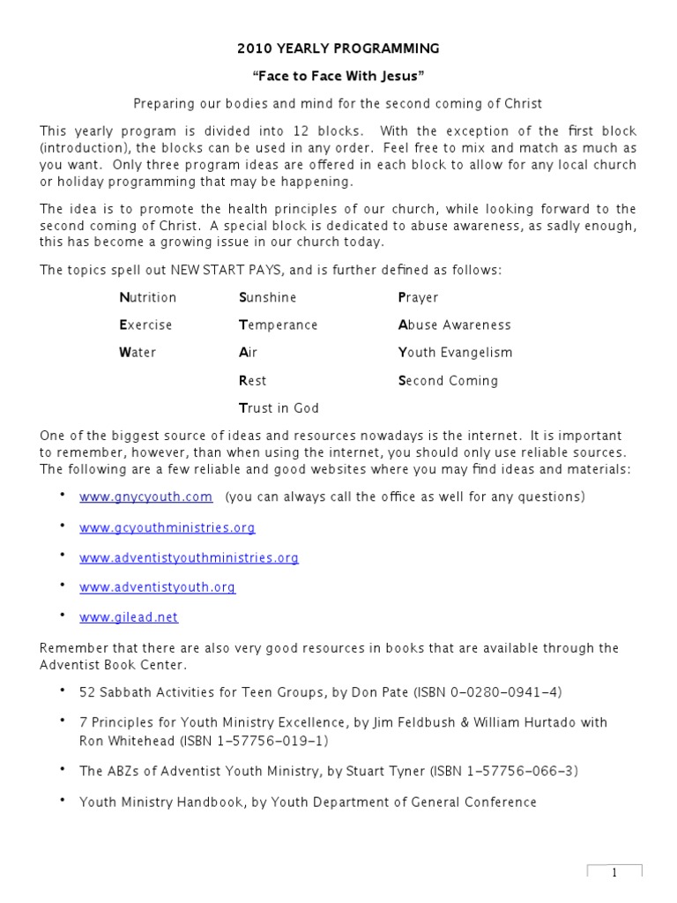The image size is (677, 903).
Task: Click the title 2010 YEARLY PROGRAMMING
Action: tap(338, 49)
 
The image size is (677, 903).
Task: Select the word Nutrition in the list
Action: tap(148, 297)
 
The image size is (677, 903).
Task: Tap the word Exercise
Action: tap(146, 325)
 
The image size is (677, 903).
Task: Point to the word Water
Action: tap(138, 353)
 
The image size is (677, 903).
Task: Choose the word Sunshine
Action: tap(268, 297)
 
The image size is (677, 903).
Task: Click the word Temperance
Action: tap(279, 325)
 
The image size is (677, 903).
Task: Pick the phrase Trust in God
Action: tap(279, 408)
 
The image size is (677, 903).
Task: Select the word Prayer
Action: tap(418, 297)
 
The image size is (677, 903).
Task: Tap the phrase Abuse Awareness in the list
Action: tap(455, 325)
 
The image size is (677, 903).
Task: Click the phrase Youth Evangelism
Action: tap(455, 353)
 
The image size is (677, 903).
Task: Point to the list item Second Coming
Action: tap(448, 381)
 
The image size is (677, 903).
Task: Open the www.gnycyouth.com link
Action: tap(145, 496)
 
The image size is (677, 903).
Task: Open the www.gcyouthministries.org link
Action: tap(167, 527)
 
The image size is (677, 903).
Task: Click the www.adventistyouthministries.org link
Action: tap(189, 557)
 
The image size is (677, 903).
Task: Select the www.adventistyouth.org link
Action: tap(158, 586)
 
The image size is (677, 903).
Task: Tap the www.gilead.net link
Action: tap(129, 617)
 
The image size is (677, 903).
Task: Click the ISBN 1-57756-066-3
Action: tap(504, 771)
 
